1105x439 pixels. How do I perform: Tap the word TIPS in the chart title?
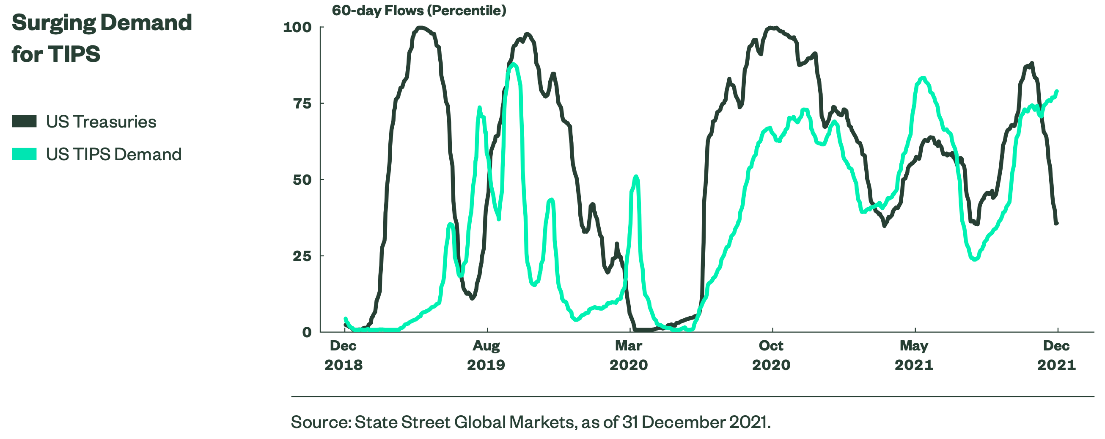coord(74,55)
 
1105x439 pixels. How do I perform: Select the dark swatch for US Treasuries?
coord(24,122)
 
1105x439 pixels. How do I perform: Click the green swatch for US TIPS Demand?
coord(24,154)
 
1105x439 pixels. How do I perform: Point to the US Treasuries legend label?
coord(101,122)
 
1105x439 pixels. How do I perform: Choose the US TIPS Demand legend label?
coord(114,155)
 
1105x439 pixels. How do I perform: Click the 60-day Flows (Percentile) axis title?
coord(419,10)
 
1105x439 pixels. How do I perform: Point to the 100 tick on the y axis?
coord(297,28)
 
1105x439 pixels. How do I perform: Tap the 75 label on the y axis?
coord(302,103)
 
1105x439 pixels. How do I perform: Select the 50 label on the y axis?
coord(302,180)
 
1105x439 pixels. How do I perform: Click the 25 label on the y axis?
coord(302,256)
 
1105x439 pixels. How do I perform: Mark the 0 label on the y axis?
coord(307,333)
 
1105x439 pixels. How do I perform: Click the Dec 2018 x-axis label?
coord(343,355)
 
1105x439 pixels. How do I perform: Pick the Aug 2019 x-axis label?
coord(486,355)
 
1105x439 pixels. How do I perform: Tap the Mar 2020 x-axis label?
coord(628,355)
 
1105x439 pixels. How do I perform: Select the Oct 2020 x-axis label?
coord(771,355)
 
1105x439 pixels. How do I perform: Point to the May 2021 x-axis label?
coord(914,355)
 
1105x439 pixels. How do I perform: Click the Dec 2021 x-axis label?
coord(1056,355)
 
